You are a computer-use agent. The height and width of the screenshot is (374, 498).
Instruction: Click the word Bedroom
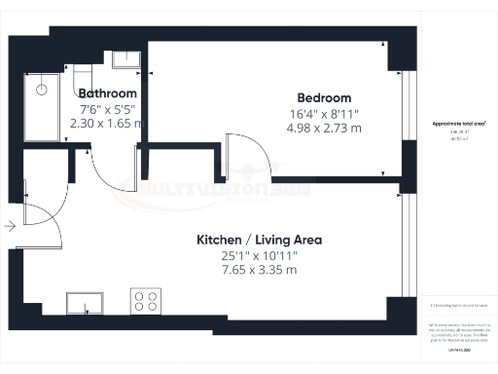click(x=324, y=98)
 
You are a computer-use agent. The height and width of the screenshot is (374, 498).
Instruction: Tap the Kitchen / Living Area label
click(x=260, y=240)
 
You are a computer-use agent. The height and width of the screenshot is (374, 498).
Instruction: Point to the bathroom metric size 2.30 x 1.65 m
click(x=107, y=124)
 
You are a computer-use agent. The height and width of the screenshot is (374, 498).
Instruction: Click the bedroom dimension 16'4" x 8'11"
click(x=323, y=114)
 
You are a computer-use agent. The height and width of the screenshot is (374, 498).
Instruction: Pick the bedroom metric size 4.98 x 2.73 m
click(x=323, y=129)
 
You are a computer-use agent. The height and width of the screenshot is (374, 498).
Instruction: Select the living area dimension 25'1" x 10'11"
click(x=259, y=255)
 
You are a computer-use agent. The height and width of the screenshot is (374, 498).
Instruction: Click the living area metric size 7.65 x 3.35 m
click(x=259, y=270)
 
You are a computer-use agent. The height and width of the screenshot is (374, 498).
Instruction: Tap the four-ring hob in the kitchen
click(x=146, y=302)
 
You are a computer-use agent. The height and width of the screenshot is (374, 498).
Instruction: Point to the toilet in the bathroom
click(x=84, y=77)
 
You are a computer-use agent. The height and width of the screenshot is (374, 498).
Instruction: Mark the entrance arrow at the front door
click(x=9, y=226)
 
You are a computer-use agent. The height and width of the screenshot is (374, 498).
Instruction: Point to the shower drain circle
click(x=43, y=89)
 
